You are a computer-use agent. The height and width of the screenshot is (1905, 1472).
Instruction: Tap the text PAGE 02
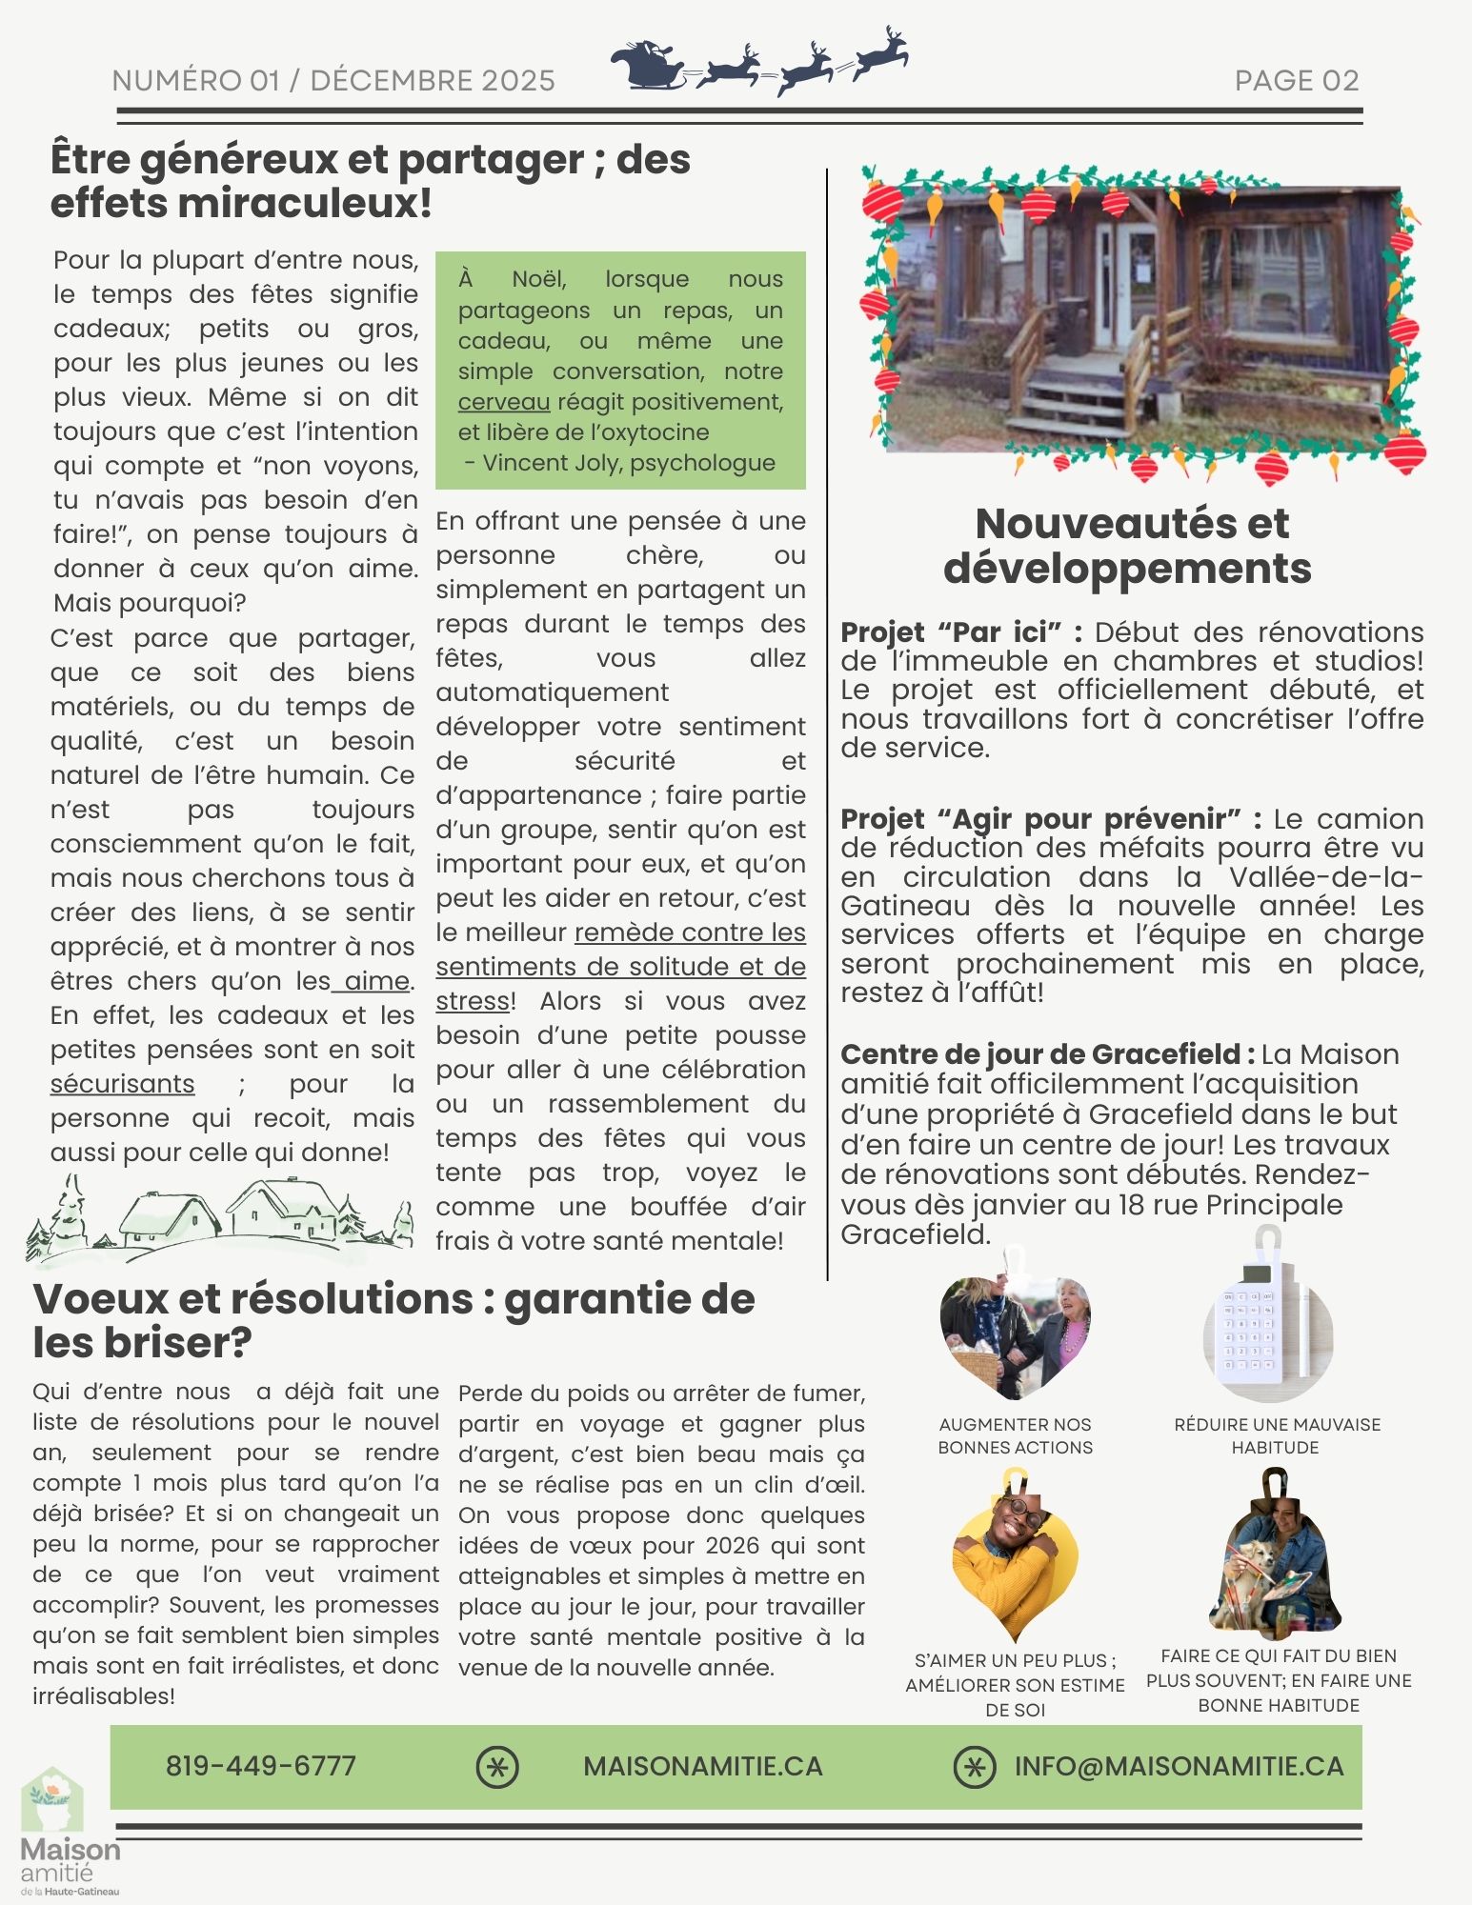pos(1296,81)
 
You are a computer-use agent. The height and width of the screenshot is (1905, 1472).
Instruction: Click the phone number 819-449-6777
pos(260,1766)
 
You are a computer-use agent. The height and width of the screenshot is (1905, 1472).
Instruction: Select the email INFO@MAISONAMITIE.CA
pos(1179,1766)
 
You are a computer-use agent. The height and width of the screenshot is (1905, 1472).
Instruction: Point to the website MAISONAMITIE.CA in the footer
pos(702,1766)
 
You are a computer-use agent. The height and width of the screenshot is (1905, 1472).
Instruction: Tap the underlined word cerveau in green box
pos(503,402)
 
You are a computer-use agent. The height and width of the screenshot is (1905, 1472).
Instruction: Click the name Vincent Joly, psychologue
pos(629,463)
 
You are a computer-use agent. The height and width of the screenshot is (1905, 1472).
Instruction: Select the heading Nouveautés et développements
pos(1130,546)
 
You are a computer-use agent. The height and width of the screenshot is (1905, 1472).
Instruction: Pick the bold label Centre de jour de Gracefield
pos(1040,1054)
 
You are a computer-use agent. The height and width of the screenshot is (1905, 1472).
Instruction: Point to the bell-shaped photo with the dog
pos(1275,1557)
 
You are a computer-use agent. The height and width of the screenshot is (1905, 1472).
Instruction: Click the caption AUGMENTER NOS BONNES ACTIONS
pos(1015,1435)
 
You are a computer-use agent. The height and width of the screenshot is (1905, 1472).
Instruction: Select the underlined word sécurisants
pos(122,1084)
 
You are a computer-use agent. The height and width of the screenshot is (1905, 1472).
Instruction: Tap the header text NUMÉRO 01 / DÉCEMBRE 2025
pos(333,81)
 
